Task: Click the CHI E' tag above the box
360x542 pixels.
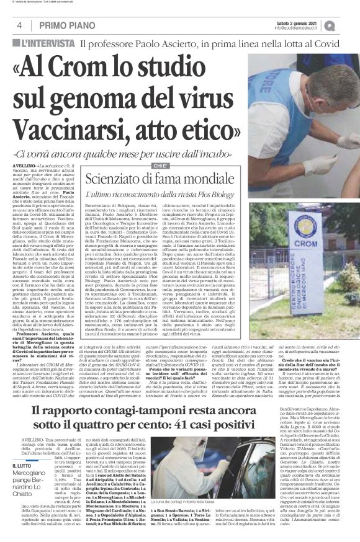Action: click(161, 165)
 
